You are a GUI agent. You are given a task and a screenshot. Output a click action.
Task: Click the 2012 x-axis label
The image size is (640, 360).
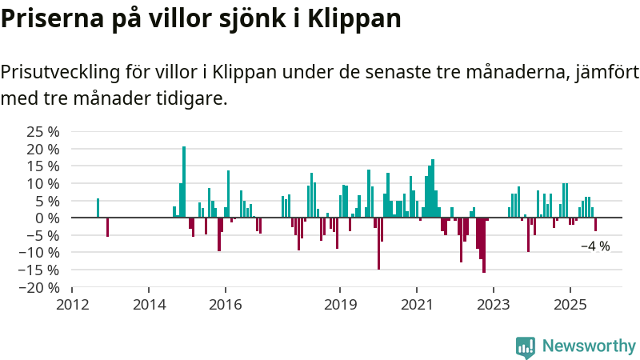[x=72, y=305]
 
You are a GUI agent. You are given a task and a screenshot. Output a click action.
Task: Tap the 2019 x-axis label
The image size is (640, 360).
[x=340, y=305]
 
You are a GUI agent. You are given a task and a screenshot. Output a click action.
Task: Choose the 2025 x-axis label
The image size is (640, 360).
[x=570, y=305]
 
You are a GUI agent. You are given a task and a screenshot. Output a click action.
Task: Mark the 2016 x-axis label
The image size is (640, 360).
[x=225, y=305]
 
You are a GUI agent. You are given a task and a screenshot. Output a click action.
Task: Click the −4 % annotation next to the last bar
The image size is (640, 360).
[x=595, y=246]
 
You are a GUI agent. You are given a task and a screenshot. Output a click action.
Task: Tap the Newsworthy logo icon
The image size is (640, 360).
[x=526, y=346]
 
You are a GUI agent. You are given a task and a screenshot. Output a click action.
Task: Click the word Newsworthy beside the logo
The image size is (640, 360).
[x=589, y=346]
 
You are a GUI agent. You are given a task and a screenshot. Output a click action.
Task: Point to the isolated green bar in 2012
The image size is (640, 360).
[x=98, y=208]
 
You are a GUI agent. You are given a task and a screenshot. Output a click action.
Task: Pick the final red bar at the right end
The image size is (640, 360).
[x=595, y=224]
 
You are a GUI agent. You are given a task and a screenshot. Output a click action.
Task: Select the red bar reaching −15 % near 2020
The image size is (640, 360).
[x=378, y=243]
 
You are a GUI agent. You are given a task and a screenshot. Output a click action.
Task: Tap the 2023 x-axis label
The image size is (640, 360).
[x=493, y=305]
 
